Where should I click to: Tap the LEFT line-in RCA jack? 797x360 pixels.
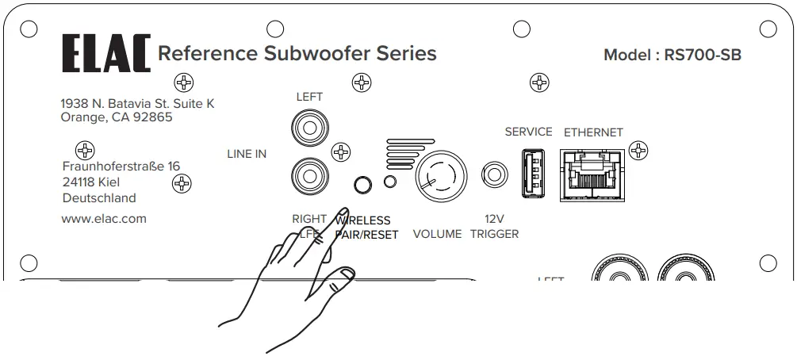tap(307, 126)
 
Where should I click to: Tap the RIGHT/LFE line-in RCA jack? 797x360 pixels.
tap(307, 170)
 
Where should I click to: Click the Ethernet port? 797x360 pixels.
tap(592, 172)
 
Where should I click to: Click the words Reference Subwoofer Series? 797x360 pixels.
tap(297, 54)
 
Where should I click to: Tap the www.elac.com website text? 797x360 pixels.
tap(103, 219)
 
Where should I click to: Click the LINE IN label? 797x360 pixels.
tap(247, 154)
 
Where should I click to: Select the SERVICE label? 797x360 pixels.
tap(528, 132)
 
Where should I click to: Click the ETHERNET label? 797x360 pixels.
tap(593, 132)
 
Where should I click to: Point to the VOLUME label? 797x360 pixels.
tap(437, 234)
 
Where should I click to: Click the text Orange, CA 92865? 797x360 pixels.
tap(116, 118)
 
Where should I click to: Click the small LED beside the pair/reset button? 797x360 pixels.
tap(389, 182)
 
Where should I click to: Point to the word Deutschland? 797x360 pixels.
tap(98, 198)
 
